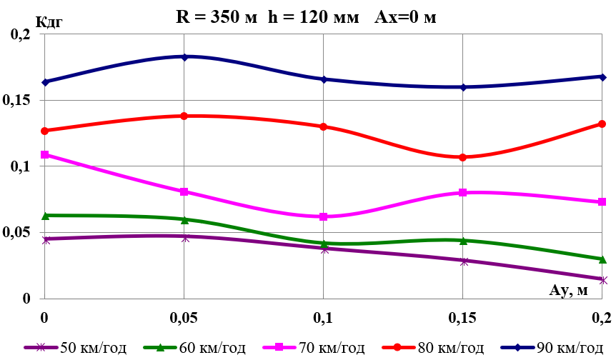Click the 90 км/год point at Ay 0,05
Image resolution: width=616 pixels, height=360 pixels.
pyautogui.click(x=184, y=56)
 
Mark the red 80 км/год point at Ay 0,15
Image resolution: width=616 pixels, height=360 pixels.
pyautogui.click(x=463, y=157)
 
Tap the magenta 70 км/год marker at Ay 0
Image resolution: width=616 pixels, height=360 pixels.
pyautogui.click(x=45, y=154)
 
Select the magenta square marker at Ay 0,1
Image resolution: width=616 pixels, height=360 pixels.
pyautogui.click(x=324, y=216)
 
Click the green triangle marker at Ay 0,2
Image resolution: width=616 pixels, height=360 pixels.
pyautogui.click(x=602, y=259)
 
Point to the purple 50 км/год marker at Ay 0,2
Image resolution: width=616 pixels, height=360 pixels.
pyautogui.click(x=602, y=279)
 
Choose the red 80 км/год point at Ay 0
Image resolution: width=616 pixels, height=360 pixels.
pyautogui.click(x=45, y=131)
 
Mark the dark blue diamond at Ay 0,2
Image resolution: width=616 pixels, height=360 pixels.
pyautogui.click(x=602, y=77)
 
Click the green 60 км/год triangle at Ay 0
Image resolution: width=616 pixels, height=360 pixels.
pyautogui.click(x=45, y=215)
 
